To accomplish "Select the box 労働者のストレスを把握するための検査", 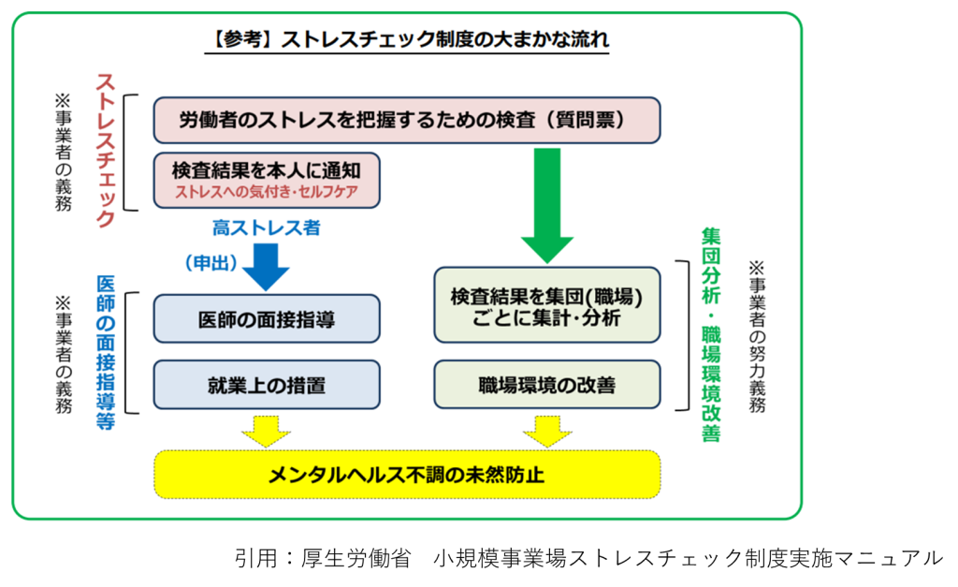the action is (407, 120).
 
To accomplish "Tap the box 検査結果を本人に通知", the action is (267, 181).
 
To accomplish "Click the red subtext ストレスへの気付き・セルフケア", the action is (267, 192).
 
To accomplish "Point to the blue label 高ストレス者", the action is (267, 228).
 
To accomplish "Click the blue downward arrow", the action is (266, 267).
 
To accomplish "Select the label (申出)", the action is (211, 263).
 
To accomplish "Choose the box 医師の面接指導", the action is (267, 318).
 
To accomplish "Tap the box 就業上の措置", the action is (267, 385).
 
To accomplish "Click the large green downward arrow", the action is (546, 205).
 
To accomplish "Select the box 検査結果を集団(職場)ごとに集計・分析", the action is (546, 305).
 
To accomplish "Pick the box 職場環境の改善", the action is (546, 385).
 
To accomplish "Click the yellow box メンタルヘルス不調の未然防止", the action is (407, 475).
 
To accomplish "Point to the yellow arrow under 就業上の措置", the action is (266, 431).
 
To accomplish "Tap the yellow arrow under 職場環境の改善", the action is (547, 431).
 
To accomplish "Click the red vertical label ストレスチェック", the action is (105, 151).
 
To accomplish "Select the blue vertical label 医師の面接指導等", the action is (105, 353).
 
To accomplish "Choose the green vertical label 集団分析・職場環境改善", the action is (711, 334).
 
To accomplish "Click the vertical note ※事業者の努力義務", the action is (757, 336).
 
